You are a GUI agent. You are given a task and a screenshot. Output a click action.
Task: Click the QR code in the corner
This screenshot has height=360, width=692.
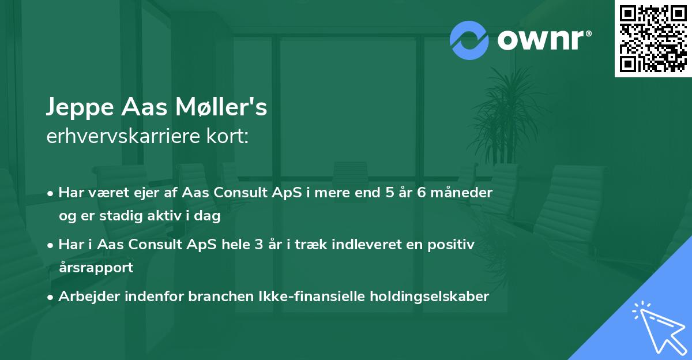(653, 39)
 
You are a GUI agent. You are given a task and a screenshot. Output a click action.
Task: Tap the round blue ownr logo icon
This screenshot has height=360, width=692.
(469, 40)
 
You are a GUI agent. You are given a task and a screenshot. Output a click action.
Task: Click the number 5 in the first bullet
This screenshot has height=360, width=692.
(390, 193)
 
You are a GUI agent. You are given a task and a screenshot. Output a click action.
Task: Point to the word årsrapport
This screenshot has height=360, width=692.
(96, 267)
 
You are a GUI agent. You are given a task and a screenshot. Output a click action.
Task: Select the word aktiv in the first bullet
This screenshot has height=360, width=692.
(171, 216)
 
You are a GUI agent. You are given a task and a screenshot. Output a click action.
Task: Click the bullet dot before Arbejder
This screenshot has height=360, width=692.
(51, 297)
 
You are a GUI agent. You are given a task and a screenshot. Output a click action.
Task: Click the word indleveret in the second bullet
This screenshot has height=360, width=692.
(371, 245)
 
